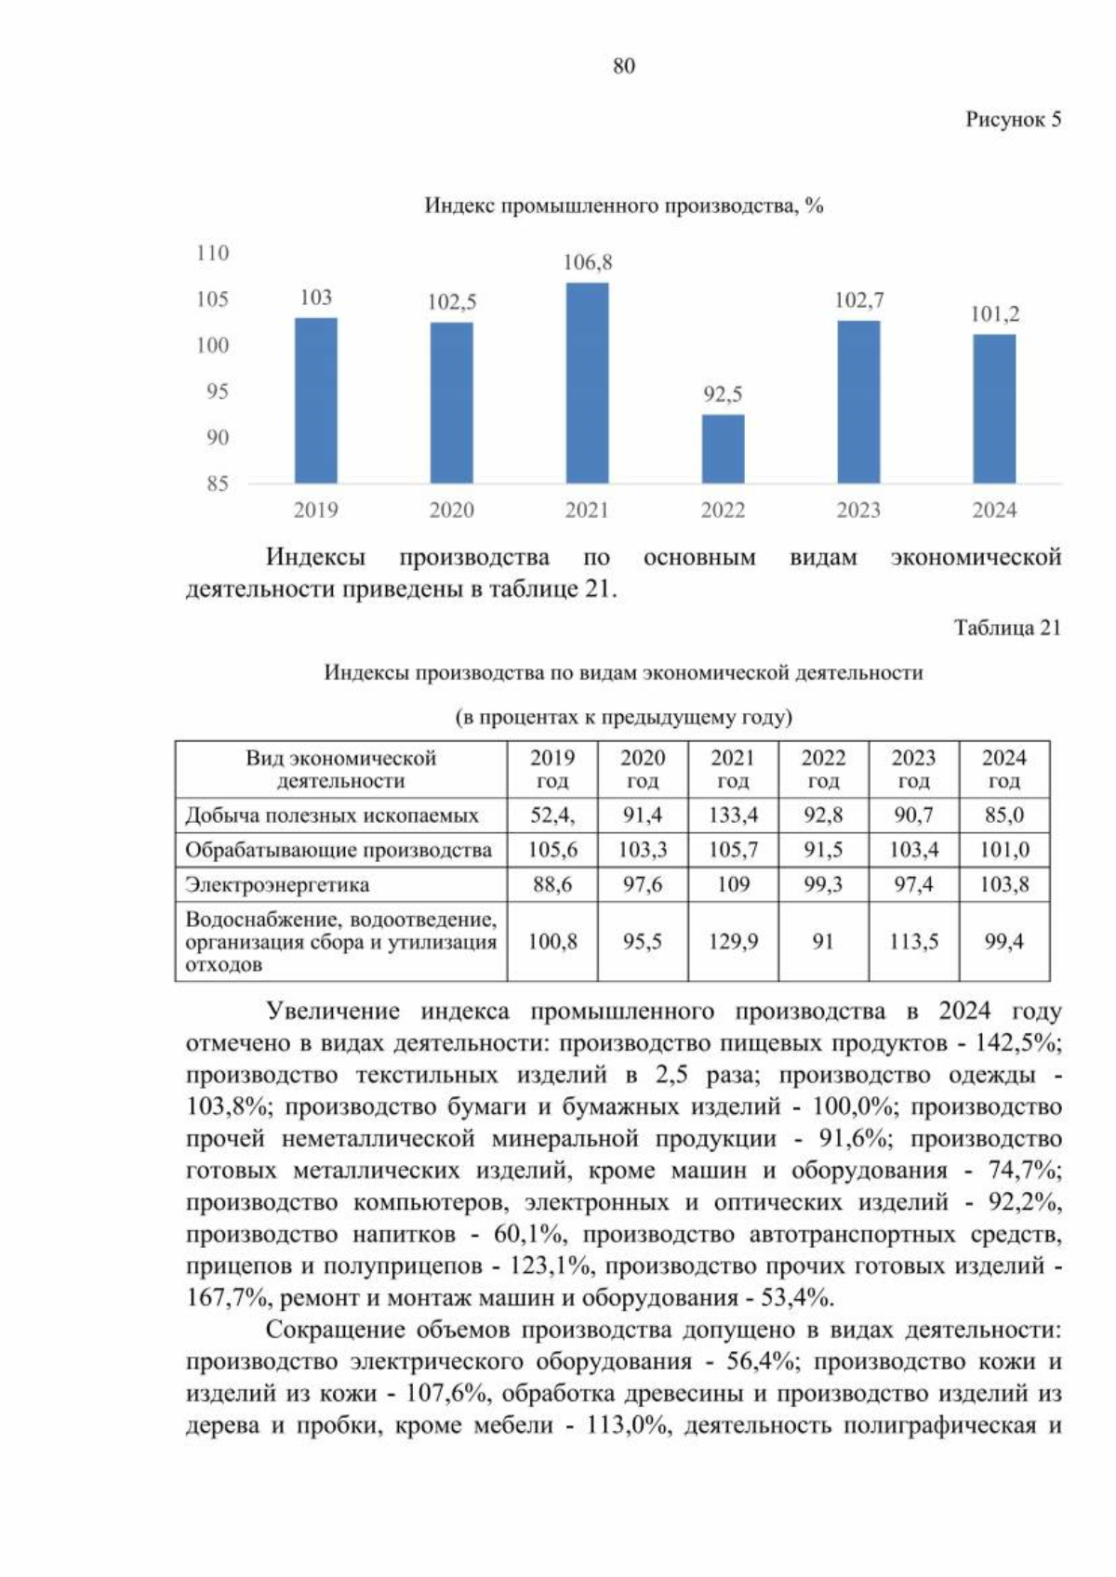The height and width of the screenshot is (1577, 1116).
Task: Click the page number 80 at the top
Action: (624, 66)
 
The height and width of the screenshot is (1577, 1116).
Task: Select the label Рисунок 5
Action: (1013, 119)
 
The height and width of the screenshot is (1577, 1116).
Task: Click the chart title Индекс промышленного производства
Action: (623, 205)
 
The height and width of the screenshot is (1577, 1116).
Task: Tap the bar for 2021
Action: (587, 383)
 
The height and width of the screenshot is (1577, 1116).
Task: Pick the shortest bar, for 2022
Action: (723, 448)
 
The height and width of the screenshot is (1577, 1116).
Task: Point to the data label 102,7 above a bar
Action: (858, 300)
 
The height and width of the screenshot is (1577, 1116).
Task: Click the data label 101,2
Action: (994, 314)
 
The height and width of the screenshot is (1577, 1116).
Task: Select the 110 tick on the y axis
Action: (212, 253)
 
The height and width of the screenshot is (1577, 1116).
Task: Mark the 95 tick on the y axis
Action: (217, 391)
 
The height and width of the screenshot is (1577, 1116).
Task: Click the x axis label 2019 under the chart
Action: (315, 510)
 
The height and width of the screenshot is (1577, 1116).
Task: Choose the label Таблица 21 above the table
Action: (1007, 628)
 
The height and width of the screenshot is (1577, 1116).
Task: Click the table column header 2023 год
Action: (913, 769)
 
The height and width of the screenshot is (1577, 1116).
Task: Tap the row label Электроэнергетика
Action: (277, 884)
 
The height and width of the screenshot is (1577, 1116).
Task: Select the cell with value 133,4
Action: (733, 815)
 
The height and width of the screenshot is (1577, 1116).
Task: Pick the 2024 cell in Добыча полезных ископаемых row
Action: (1003, 815)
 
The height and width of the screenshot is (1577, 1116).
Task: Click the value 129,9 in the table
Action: (733, 942)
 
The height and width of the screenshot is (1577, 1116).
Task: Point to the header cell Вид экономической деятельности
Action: (340, 769)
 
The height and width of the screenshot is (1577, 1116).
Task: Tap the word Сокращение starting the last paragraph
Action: (327, 1330)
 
